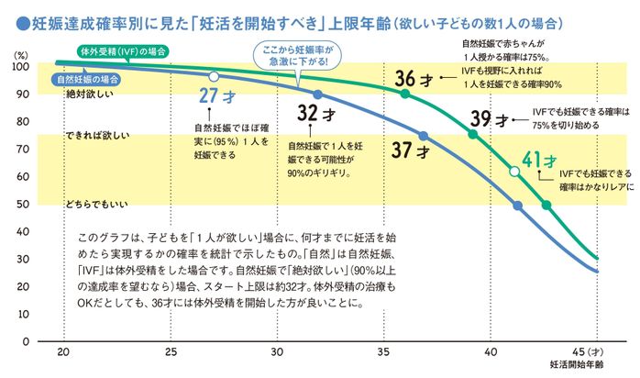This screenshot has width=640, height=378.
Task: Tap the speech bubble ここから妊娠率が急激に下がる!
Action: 295,53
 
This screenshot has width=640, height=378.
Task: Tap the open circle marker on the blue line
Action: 214,77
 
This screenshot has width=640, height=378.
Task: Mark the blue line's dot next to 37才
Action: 423,136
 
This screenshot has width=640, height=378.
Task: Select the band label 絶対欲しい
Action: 88,94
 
